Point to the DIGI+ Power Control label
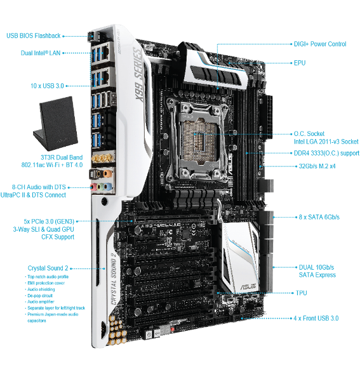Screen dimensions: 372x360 [x=319, y=44]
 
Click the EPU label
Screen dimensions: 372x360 [x=300, y=63]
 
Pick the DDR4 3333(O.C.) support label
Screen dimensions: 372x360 [x=324, y=153]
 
